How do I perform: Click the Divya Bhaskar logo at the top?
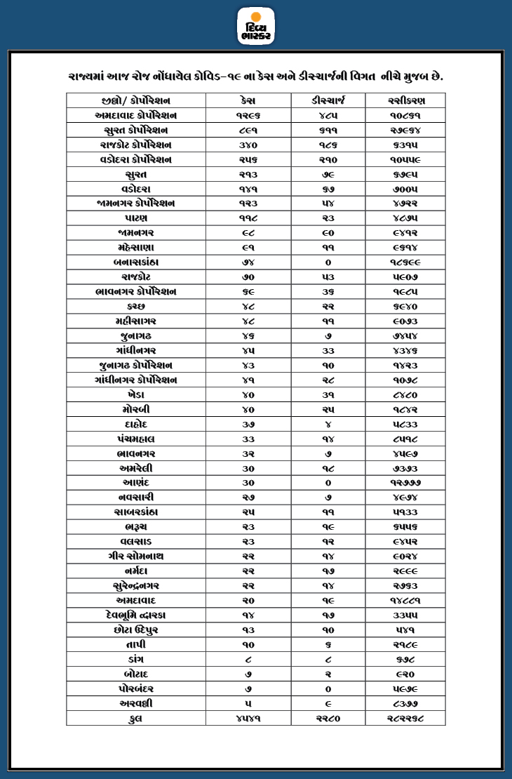[256, 26]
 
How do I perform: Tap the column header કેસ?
[248, 100]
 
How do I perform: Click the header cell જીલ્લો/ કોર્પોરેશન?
[136, 100]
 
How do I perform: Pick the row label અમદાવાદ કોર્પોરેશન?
[136, 115]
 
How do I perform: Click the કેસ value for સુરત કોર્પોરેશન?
[248, 130]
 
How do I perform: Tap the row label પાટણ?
[136, 218]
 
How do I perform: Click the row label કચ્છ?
[136, 307]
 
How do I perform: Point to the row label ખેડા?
[136, 394]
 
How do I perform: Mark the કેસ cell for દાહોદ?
[248, 424]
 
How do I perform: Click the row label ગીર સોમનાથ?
[136, 557]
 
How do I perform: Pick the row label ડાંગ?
[136, 659]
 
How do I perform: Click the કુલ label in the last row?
[136, 718]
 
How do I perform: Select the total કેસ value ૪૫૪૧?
[248, 718]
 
